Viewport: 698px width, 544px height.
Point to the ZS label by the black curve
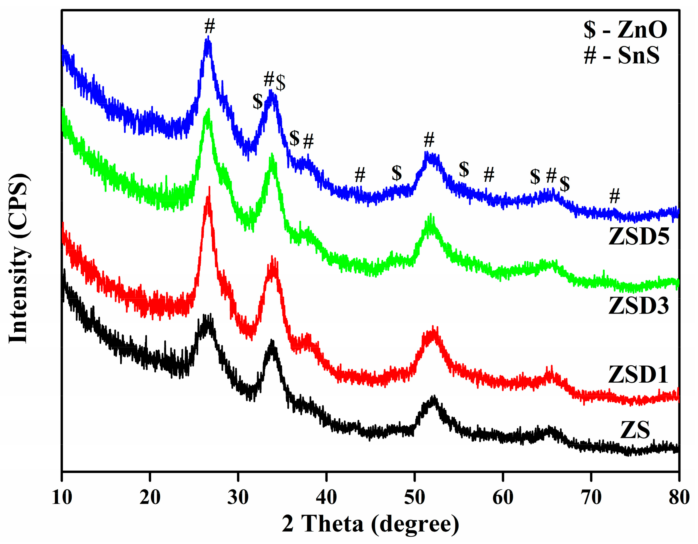[x=635, y=430]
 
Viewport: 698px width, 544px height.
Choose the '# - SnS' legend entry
[x=621, y=56]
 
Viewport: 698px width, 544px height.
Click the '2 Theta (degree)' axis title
[x=370, y=524]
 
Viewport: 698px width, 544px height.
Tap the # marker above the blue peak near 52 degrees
[x=429, y=140]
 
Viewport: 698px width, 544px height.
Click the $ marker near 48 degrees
[x=397, y=173]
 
